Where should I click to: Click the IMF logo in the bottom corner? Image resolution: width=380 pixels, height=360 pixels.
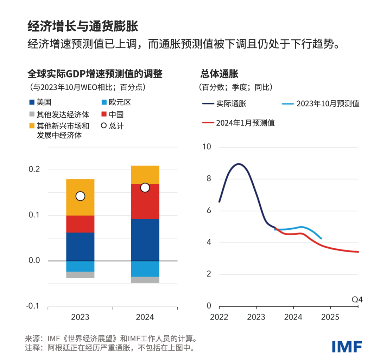347,346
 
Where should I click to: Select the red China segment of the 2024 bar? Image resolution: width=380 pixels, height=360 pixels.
145,201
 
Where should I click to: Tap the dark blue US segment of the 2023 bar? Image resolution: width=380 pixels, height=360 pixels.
80,247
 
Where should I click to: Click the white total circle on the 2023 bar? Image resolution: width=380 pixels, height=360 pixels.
80,196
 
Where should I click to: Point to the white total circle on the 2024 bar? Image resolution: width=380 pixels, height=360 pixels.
145,188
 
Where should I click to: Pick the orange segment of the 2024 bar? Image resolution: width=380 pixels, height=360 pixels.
145,175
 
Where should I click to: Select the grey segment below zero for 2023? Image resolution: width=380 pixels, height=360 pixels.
80,275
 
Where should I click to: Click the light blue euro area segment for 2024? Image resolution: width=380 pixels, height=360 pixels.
145,269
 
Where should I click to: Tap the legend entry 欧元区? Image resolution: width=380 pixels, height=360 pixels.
116,103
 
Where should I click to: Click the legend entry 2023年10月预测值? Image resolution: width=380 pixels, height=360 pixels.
321,104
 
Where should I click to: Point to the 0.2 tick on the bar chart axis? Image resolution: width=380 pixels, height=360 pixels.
34,169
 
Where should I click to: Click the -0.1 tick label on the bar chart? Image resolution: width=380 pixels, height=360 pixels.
33,306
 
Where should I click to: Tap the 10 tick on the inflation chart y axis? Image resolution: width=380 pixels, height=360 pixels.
207,147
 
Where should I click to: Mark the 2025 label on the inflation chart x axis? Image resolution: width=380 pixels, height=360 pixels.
330,317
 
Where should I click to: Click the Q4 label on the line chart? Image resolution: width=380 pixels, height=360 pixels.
357,300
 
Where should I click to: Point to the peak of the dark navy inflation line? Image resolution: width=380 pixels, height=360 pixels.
239,164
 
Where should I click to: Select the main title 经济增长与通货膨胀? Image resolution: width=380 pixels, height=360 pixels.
83,26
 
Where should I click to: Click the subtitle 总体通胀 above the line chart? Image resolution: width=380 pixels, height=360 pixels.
219,74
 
